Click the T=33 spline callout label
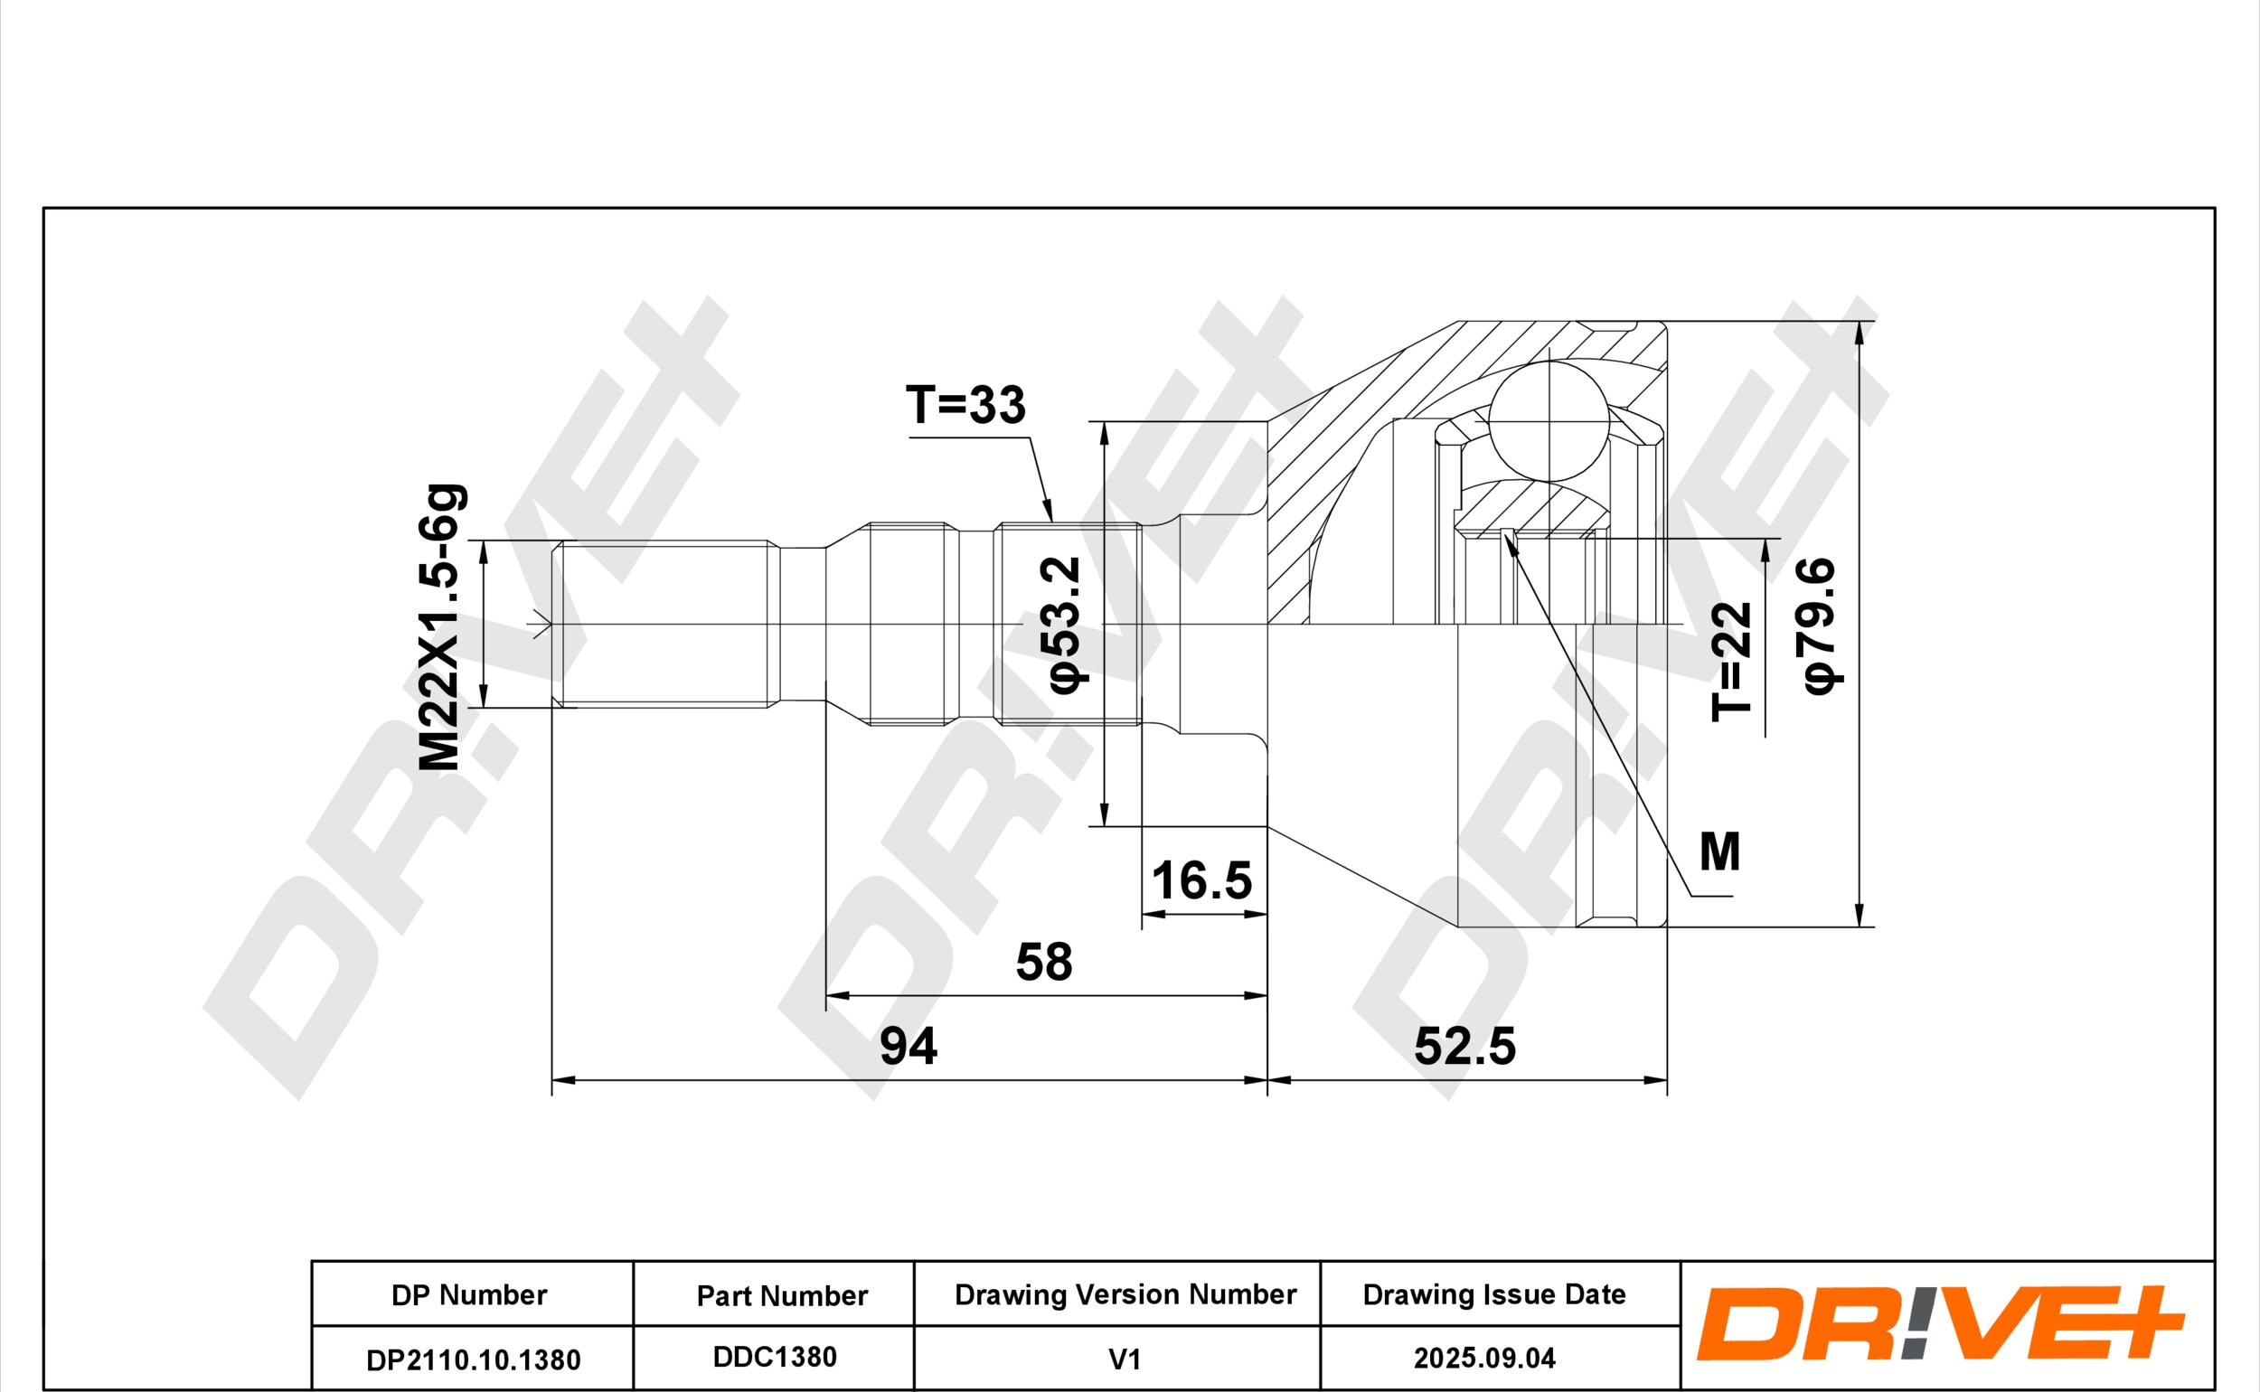coord(965,405)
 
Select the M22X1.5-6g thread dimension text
coord(439,627)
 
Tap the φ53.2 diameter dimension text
coord(1061,625)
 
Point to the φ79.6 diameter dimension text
coord(1819,625)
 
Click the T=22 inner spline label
coord(1730,661)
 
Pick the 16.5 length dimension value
coord(1201,881)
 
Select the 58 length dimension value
coord(1044,962)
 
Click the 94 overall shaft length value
coord(909,1046)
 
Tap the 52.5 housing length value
coord(1464,1046)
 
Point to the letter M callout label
coord(1719,851)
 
